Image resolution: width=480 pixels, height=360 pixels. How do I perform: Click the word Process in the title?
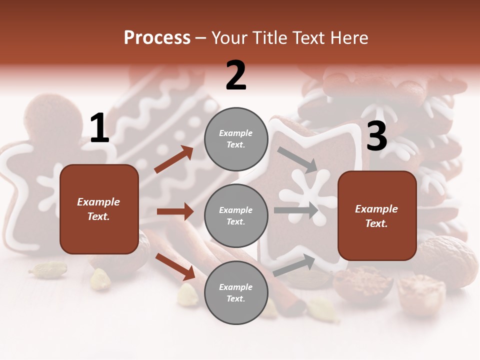pyautogui.click(x=157, y=38)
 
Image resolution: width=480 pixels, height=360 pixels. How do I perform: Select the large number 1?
pyautogui.click(x=99, y=128)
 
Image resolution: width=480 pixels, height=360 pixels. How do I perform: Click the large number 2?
pyautogui.click(x=236, y=75)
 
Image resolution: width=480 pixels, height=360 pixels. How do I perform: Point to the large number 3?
pyautogui.click(x=376, y=136)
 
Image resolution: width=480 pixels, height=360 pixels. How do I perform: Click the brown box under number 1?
pyautogui.click(x=99, y=209)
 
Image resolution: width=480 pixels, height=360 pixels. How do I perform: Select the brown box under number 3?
pyautogui.click(x=377, y=215)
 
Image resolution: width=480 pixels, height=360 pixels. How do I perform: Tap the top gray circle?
pyautogui.click(x=236, y=139)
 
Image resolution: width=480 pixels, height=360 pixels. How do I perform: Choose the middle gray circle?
pyautogui.click(x=236, y=215)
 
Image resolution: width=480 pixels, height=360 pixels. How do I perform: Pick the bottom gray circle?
pyautogui.click(x=236, y=292)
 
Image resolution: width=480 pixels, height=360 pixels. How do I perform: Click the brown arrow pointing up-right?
pyautogui.click(x=173, y=159)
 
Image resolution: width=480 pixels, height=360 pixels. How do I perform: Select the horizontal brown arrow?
pyautogui.click(x=175, y=211)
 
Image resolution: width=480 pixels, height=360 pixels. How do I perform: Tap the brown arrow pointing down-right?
pyautogui.click(x=175, y=266)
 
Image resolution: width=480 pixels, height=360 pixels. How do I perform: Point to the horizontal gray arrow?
pyautogui.click(x=296, y=210)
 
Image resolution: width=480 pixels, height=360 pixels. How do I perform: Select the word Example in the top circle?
pyautogui.click(x=236, y=133)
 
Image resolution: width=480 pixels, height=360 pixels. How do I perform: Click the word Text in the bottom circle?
pyautogui.click(x=235, y=298)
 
